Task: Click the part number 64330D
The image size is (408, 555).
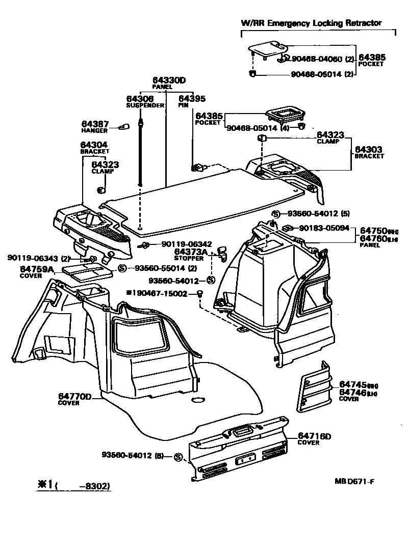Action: tap(169, 80)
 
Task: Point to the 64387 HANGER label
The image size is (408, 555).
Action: tap(94, 127)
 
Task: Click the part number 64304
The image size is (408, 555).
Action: tap(94, 145)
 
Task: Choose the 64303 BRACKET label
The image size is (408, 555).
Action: tap(369, 152)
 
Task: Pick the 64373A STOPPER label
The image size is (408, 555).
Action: tap(191, 254)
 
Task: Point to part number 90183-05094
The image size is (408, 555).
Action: tap(324, 229)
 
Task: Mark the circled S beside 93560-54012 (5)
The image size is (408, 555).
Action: tap(275, 214)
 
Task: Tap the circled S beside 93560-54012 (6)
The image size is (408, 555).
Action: tap(178, 457)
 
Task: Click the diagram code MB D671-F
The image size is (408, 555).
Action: tap(357, 481)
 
